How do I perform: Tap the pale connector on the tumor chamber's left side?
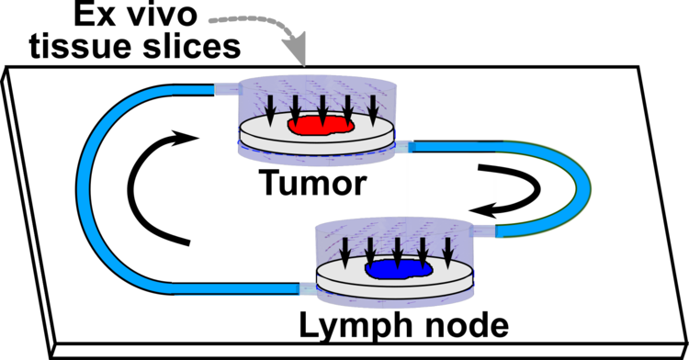point(225,89)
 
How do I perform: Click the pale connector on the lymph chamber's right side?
point(484,230)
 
